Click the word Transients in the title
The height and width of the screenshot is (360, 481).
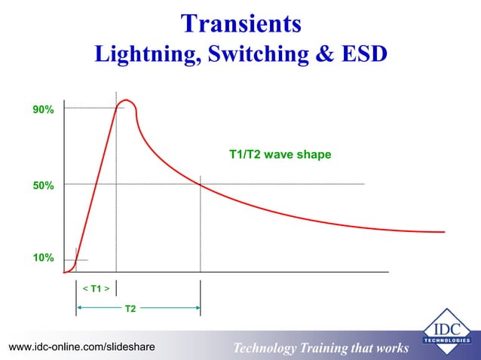coord(240,23)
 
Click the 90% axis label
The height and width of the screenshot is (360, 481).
coord(43,110)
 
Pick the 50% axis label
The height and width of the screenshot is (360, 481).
coord(43,185)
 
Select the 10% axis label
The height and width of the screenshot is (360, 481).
coord(43,258)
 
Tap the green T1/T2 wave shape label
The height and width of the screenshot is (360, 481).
coord(280,154)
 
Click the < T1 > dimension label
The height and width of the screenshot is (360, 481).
coord(96,288)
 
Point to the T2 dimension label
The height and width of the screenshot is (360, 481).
coord(130,308)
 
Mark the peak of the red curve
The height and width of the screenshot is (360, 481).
coord(126,100)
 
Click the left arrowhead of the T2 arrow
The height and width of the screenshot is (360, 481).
coord(79,307)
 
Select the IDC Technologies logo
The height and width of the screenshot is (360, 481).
coord(444,332)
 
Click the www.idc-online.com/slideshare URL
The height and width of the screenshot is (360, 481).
coord(81,346)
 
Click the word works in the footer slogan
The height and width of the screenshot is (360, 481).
coord(391,348)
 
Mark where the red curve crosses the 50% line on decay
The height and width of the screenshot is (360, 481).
coord(201,185)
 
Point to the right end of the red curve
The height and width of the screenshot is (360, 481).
coord(439,232)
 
